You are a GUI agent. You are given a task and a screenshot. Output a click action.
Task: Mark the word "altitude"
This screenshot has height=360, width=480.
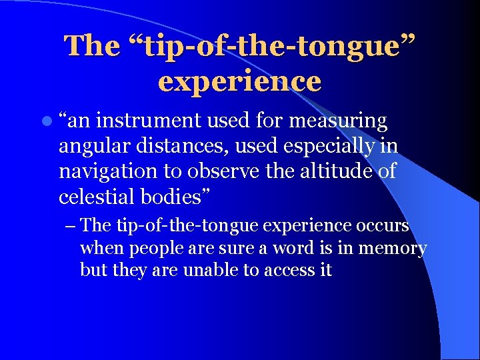330,171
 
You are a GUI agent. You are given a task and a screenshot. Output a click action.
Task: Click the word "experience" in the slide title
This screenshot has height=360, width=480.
240,81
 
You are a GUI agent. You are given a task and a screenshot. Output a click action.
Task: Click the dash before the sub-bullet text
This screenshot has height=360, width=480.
72,225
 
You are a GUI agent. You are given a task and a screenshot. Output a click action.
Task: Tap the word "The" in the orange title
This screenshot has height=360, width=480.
90,45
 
